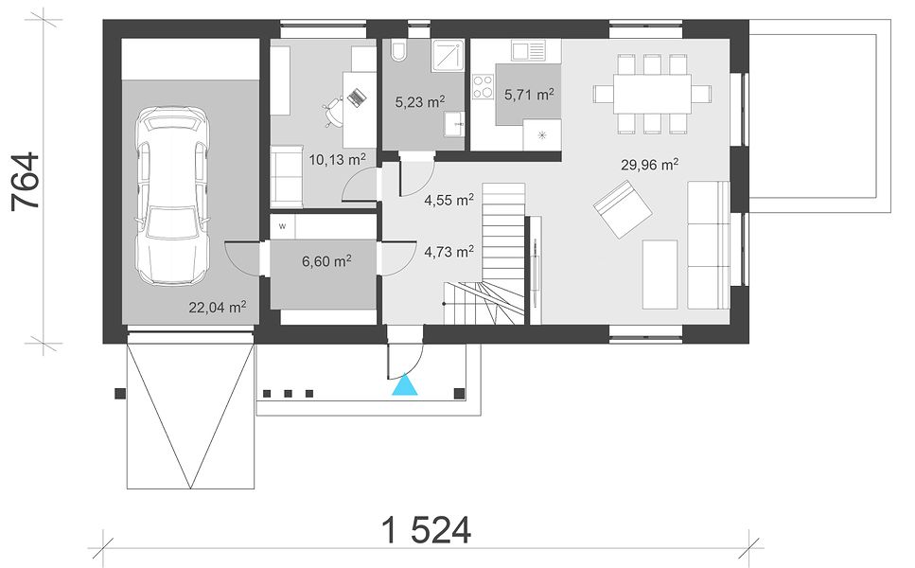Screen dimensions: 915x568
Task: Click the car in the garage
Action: [172, 196]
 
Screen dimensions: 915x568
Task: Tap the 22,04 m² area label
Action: [217, 307]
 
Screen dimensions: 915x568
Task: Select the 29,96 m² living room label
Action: [649, 165]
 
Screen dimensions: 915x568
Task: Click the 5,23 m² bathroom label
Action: [420, 102]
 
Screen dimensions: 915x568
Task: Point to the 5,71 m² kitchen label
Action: [529, 94]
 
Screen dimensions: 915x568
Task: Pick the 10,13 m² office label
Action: [337, 159]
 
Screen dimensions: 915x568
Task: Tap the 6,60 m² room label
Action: [326, 261]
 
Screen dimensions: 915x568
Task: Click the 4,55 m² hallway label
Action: [449, 201]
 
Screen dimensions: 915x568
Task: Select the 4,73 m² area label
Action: [449, 252]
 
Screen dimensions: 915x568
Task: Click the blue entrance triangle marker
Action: [405, 386]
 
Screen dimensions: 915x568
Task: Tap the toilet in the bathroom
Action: [399, 51]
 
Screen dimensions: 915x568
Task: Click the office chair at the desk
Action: [334, 111]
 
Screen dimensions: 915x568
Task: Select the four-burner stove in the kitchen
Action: [483, 87]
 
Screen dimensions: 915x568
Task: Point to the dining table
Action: [652, 94]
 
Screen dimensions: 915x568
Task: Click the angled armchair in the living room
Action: [623, 209]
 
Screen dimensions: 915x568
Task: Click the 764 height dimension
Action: [26, 181]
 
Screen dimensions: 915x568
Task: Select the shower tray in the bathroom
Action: [448, 56]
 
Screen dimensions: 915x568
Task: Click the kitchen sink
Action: [528, 50]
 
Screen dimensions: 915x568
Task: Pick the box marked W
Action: [282, 226]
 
